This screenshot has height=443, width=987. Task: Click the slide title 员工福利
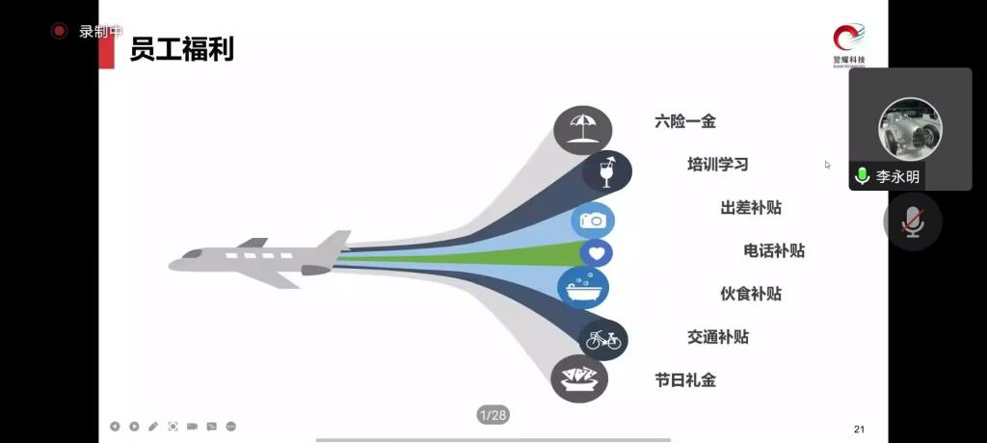(x=182, y=48)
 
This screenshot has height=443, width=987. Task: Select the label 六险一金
(x=685, y=121)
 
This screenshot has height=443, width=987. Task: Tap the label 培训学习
(x=718, y=164)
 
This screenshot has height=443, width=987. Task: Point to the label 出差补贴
(x=751, y=207)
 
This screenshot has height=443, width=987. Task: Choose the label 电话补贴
(x=774, y=250)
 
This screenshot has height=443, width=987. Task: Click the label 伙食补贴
(x=751, y=294)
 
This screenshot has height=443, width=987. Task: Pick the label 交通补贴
(x=718, y=337)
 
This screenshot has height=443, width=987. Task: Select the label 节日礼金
(x=685, y=380)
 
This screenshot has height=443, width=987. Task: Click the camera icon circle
(x=593, y=221)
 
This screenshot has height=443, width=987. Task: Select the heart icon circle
(x=597, y=253)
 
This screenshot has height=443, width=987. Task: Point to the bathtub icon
(x=583, y=287)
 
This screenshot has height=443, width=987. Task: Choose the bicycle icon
(x=603, y=339)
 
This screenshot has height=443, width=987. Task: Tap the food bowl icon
(x=579, y=378)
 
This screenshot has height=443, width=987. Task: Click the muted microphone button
(x=912, y=221)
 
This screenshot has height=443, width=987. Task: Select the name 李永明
(x=897, y=177)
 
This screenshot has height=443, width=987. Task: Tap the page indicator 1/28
(x=493, y=415)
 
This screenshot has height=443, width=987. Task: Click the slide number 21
(x=859, y=430)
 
